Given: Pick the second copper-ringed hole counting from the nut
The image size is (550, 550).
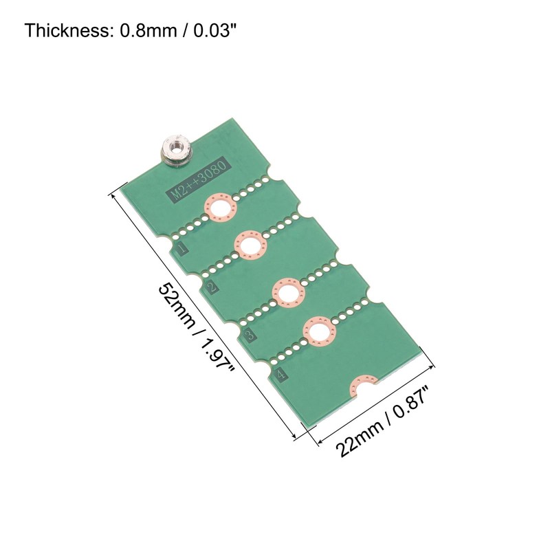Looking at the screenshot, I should pos(250,245).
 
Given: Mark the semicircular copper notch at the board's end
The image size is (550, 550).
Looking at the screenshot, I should pos(364,387).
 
